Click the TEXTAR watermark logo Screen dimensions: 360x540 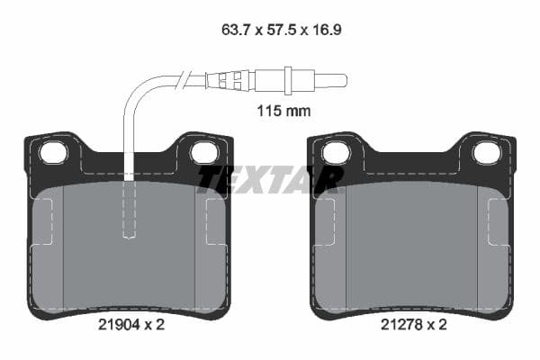tap(270, 179)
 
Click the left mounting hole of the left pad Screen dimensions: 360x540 tap(54, 153)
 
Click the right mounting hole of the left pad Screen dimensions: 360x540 tap(204, 153)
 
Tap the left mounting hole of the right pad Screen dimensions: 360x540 tap(336, 153)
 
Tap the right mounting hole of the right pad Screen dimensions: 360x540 tap(486, 153)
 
